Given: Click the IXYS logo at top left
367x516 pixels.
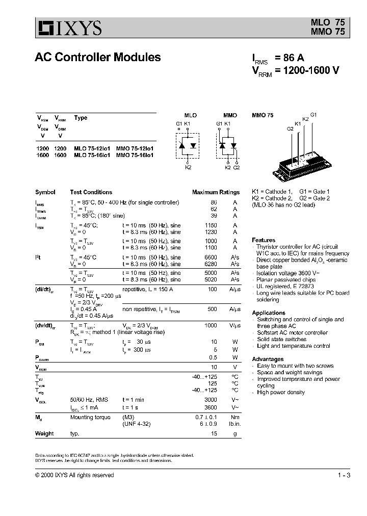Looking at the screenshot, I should tap(68, 28).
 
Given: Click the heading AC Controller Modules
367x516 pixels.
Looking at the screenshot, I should tap(98, 58).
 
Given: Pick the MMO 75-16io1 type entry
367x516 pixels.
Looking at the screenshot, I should tap(135, 154).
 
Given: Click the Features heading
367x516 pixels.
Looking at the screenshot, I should tap(264, 240).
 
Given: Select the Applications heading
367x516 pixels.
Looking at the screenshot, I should tap(269, 313).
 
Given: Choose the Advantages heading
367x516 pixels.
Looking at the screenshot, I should tap(267, 359).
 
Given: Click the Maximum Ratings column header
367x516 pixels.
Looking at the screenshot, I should tap(216, 192).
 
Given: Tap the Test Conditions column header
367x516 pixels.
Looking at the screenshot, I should tap(91, 192).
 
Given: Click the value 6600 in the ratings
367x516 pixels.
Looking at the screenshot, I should tap(211, 257).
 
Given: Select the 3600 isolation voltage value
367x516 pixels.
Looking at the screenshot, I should tap(211, 407).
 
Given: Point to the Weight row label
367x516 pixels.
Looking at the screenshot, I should tap(44, 433).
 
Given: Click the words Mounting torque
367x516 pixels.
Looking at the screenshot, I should tap(90, 417).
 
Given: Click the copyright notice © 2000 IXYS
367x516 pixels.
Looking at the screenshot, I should tap(74, 475).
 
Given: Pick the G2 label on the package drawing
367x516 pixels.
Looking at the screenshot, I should tap(290, 129).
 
